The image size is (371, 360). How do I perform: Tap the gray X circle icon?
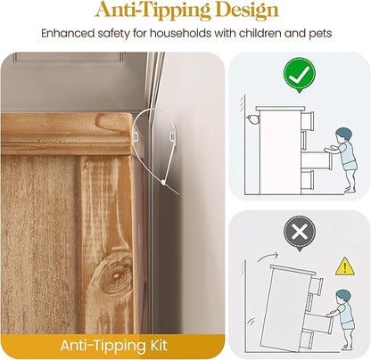(299, 232)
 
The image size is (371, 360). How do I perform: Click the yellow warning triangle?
(345, 266)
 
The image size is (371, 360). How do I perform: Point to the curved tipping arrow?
(268, 257)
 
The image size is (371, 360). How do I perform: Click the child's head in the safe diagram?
(345, 136)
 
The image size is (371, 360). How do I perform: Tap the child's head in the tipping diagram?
(343, 298)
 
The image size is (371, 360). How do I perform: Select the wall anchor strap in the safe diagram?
(252, 119)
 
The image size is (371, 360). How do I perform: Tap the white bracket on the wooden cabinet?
(135, 136)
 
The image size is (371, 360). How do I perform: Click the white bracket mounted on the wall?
(172, 137)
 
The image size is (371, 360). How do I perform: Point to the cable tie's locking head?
(163, 183)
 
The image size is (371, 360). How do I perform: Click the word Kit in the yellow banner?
(157, 346)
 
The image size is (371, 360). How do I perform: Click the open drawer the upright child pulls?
(317, 160)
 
